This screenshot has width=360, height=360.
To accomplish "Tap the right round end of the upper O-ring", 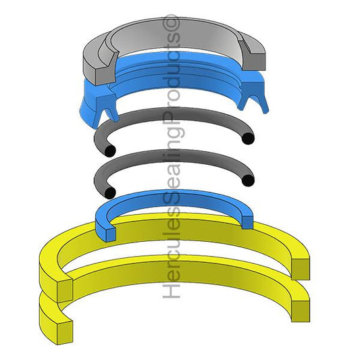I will tap(249, 139).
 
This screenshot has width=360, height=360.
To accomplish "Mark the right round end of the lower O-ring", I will tap(249, 180).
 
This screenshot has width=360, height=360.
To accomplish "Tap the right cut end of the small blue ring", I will tap(247, 220).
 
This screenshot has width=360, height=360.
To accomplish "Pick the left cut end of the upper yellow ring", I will tap(64, 290).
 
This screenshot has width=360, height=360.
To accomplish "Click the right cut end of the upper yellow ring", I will tap(301, 268).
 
